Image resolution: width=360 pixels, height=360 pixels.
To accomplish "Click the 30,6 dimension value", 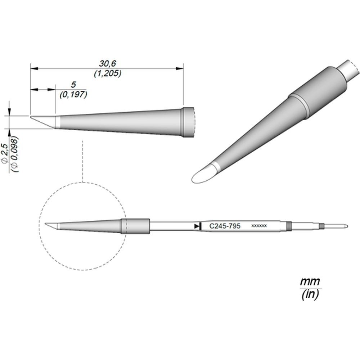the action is (107, 63).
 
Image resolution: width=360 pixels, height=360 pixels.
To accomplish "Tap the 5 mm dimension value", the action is (73, 85).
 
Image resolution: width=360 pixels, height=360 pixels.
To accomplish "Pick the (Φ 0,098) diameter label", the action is (15, 154).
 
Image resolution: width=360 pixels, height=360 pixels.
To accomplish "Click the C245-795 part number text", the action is (225, 226).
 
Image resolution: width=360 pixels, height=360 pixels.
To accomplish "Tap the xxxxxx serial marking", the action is (259, 226).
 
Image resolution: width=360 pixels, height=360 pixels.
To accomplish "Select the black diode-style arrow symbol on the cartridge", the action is (198, 226).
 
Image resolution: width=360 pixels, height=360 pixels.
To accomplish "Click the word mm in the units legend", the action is (310, 281).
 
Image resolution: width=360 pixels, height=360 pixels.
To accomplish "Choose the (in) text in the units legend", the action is (310, 294).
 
